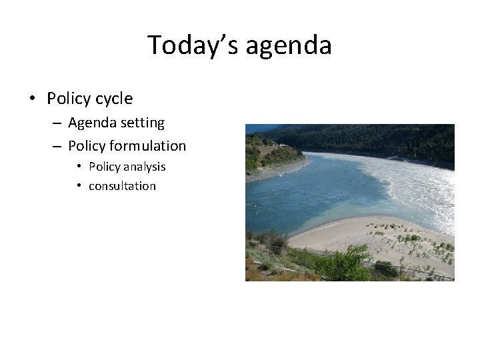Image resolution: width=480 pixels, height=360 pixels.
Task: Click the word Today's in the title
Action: pos(193,45)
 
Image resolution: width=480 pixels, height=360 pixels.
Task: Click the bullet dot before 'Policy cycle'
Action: pos(32,99)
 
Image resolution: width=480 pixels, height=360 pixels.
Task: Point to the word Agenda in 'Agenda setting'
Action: pos(93,123)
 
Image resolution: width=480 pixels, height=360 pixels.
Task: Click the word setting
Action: pos(143,123)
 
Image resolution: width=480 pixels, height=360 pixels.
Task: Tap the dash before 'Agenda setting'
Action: pos(56,123)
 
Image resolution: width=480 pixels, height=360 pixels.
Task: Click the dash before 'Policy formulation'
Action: pos(56,146)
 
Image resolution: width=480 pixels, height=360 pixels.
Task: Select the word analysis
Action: pos(145,167)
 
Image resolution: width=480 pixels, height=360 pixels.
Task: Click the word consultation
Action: pos(122,186)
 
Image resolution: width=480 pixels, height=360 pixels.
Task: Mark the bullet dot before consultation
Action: pos(79,186)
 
